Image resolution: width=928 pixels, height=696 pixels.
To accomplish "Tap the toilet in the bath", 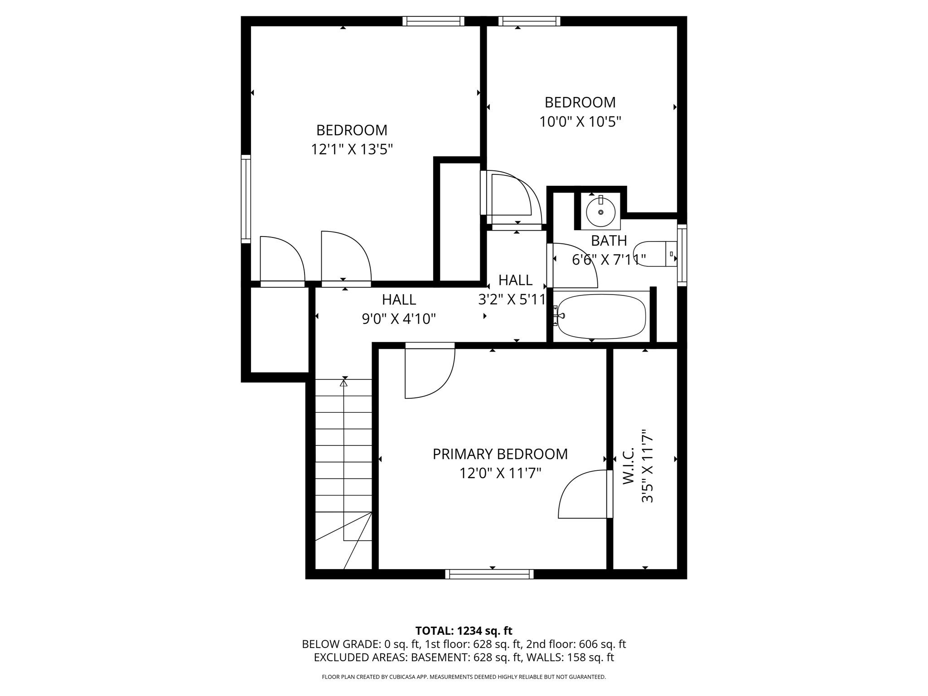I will tap(652, 254).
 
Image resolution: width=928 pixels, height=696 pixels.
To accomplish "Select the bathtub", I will tap(601, 317).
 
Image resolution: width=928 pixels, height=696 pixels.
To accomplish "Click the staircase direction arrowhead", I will tap(343, 383).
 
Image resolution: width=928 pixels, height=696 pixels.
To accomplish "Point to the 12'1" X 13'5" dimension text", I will tap(352, 150).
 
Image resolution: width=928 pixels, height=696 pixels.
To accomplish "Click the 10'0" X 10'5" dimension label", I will tap(580, 122).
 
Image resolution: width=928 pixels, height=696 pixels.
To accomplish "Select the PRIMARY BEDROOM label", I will tap(500, 454).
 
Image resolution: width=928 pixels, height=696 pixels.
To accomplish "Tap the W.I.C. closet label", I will tap(628, 466).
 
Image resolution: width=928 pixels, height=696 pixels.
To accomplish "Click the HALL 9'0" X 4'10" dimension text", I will tap(399, 319).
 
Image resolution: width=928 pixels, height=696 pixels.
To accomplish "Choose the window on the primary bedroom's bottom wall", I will tap(489, 574).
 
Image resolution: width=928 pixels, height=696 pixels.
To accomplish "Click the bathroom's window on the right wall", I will tap(681, 255).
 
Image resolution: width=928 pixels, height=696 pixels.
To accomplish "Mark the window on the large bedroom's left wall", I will tap(246, 198).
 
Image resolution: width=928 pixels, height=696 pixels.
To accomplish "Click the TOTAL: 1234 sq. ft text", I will tap(464, 631).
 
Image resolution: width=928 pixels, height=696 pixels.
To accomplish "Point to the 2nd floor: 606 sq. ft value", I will tap(575, 644).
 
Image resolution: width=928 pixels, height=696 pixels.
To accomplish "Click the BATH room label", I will tap(609, 240).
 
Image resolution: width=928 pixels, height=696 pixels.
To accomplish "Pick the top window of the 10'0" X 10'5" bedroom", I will tap(529, 21).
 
